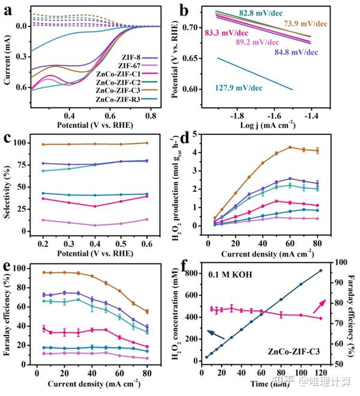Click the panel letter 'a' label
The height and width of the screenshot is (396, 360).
tap(9, 8)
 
